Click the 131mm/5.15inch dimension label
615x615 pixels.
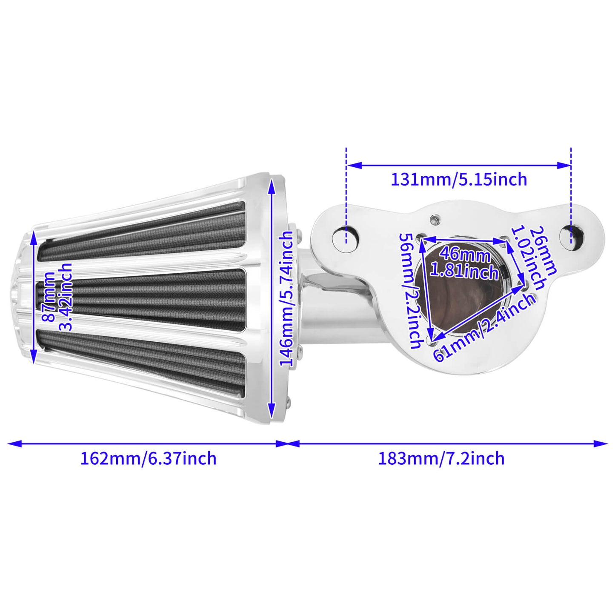coord(459,179)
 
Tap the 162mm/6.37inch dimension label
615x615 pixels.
coord(149,458)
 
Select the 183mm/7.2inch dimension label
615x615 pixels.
coord(441,458)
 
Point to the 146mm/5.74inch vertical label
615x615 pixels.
coord(287,299)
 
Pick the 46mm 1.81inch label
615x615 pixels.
coord(464,263)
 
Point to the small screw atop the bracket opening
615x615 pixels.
coord(434,220)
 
